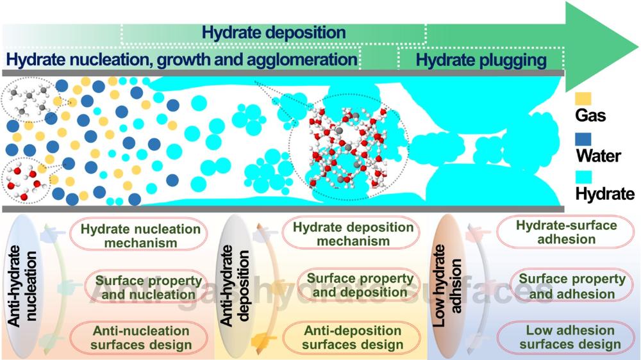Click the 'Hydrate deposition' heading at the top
(274, 32)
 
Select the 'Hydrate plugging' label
(481, 60)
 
